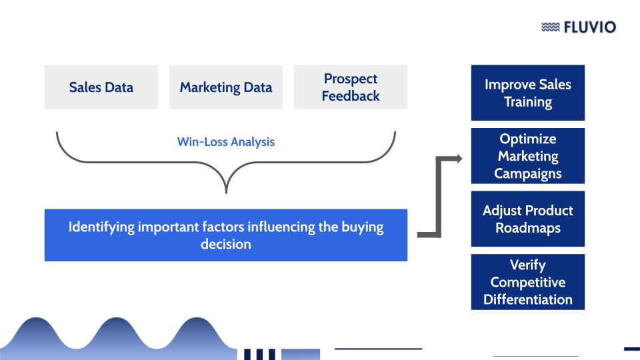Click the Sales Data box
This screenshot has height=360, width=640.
coord(101,87)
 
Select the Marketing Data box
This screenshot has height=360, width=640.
coord(226,87)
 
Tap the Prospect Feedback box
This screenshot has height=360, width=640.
coord(351,87)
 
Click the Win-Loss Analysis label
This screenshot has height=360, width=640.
coord(226,142)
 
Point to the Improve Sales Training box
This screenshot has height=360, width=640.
coord(528,93)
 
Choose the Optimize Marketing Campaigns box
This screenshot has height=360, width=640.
coord(528,156)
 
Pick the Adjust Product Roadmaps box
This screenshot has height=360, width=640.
coord(528,219)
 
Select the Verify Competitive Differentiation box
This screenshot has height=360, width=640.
coord(528,282)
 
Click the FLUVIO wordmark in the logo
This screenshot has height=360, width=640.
coord(589,27)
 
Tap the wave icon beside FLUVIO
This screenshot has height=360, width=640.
coord(550,27)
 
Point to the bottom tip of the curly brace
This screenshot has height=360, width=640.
coord(226,191)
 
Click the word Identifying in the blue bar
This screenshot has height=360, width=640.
coord(101,227)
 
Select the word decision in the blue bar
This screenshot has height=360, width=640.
coord(226,244)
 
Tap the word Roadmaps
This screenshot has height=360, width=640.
coord(528,228)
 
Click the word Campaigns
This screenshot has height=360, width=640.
coord(528,173)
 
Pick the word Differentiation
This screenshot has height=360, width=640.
coord(528,299)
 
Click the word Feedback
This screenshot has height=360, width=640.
coord(351,96)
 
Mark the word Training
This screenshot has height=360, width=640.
coord(528,102)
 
